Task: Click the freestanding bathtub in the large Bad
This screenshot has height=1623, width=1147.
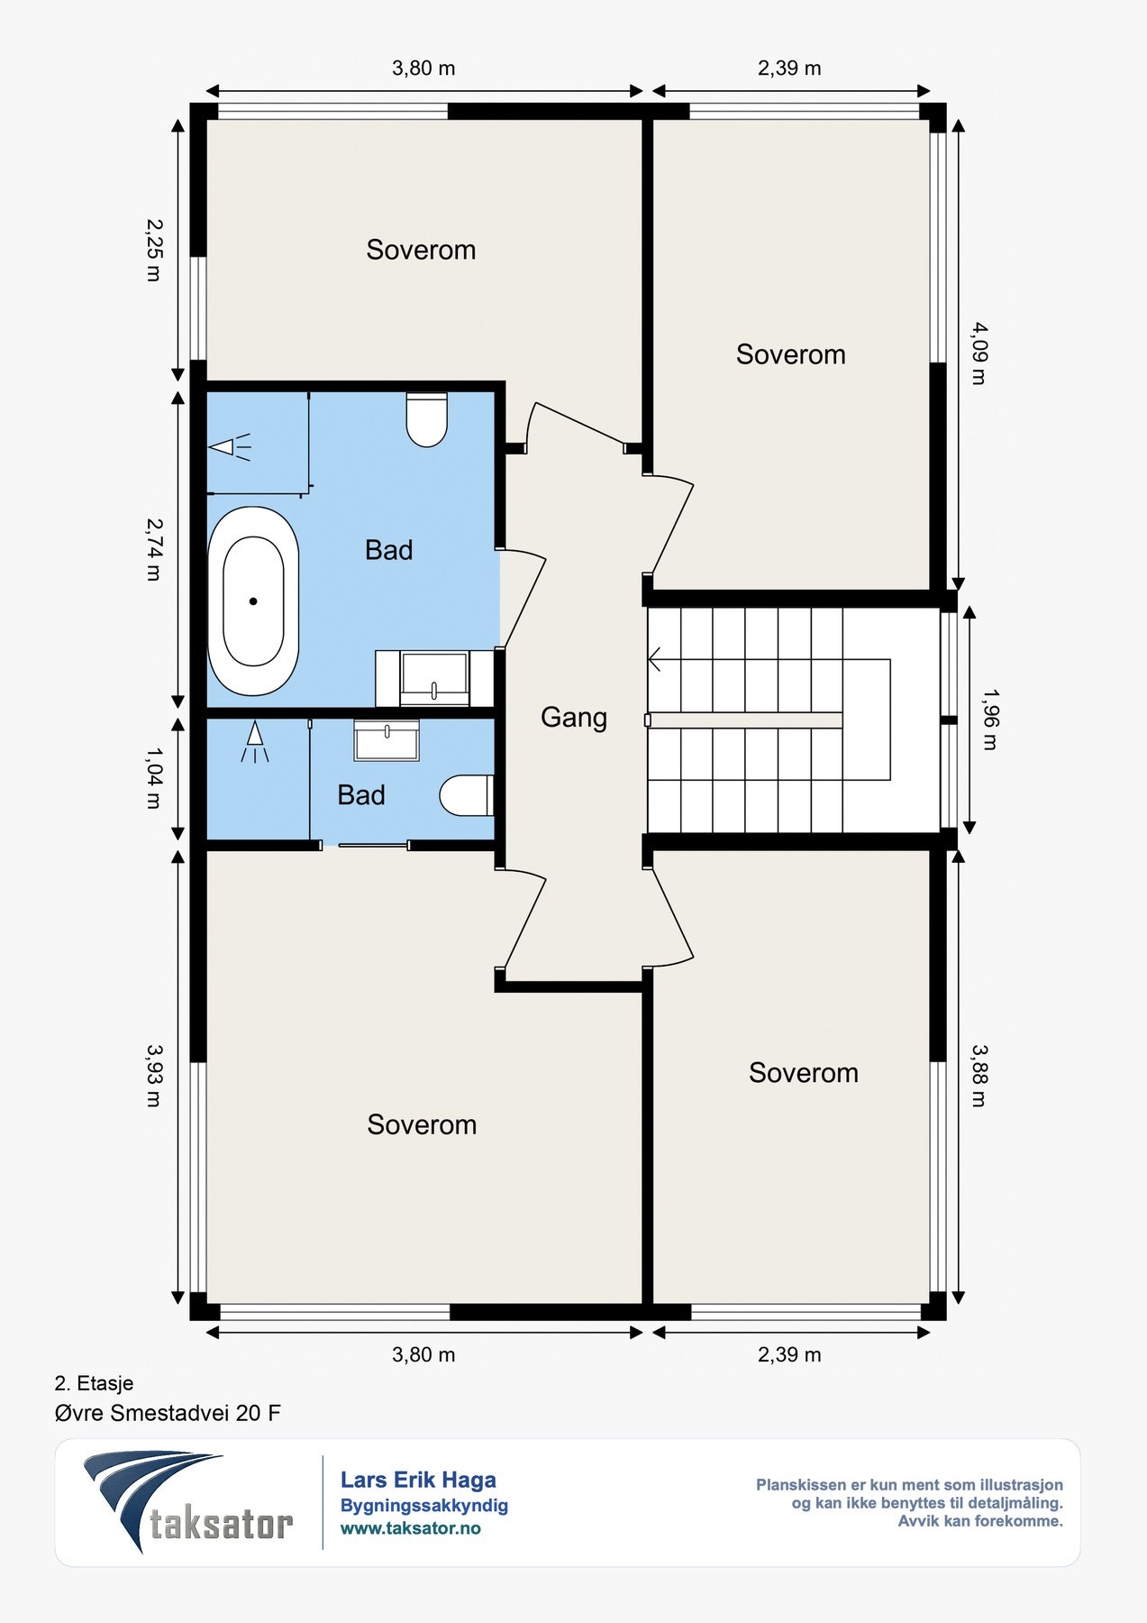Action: click(x=253, y=601)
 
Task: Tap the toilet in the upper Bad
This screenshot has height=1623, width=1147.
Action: click(x=426, y=419)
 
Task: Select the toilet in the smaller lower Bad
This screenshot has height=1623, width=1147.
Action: click(x=467, y=795)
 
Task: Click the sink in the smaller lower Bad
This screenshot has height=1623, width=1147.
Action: click(x=387, y=740)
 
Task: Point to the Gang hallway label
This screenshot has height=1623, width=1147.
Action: click(x=574, y=718)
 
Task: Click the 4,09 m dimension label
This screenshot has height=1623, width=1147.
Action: click(x=979, y=353)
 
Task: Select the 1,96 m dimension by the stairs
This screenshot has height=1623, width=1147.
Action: click(x=989, y=720)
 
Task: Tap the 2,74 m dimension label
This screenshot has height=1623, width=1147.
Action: click(x=153, y=548)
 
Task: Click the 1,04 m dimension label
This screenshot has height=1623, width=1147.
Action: click(x=153, y=777)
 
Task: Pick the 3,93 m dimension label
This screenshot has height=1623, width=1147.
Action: click(x=153, y=1075)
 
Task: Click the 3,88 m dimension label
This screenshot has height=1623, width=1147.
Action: click(x=979, y=1075)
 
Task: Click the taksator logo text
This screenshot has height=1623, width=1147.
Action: click(x=221, y=1524)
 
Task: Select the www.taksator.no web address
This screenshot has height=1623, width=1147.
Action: click(x=410, y=1528)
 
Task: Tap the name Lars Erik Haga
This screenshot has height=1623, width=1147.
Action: click(x=418, y=1480)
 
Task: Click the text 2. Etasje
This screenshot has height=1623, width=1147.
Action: click(x=94, y=1383)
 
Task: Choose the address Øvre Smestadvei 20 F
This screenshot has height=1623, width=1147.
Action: click(x=168, y=1413)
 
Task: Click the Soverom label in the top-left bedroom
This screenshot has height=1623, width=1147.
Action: click(x=421, y=250)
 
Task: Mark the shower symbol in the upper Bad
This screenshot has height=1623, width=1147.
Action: click(x=231, y=446)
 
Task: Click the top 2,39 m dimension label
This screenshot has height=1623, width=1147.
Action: click(x=789, y=69)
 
